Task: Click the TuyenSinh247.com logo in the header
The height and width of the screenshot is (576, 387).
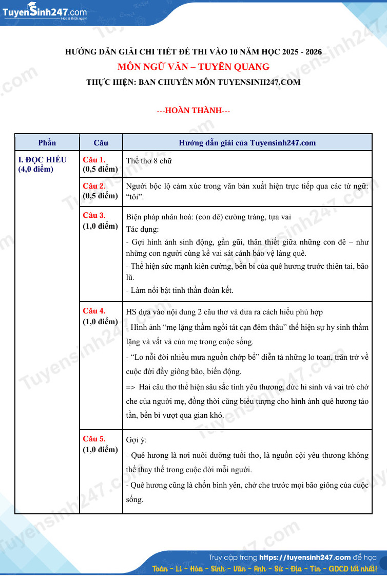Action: [x=45, y=12]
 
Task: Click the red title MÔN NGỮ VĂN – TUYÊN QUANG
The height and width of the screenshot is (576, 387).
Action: [x=193, y=67]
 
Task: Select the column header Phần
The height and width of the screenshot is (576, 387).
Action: [x=47, y=142]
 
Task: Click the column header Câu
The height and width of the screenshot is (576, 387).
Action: [x=101, y=142]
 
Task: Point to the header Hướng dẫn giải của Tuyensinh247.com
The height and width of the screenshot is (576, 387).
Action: [x=247, y=142]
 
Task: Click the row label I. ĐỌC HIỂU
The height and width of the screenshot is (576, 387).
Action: [x=42, y=160]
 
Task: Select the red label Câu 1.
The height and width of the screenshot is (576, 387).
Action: [x=94, y=160]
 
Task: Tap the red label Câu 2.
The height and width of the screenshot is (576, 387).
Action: [x=94, y=186]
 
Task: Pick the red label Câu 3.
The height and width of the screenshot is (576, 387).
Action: [x=94, y=215]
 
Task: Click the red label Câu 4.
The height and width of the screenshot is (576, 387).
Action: [x=94, y=311]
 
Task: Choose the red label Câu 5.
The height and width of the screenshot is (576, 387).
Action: [x=94, y=439]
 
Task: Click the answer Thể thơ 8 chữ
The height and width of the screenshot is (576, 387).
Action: [x=149, y=161]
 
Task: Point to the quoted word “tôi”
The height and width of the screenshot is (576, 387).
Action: [x=135, y=197]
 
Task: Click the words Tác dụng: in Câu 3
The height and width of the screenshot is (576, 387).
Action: [x=143, y=229]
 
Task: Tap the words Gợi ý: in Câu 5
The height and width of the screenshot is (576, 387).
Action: [x=136, y=440]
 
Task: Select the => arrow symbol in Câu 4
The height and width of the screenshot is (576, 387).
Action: [x=130, y=387]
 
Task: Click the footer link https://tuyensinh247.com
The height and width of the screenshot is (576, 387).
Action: [x=305, y=557]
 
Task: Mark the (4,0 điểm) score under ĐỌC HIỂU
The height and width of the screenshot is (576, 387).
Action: [x=35, y=169]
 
